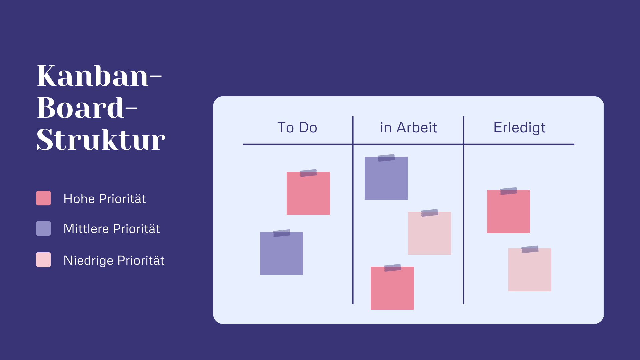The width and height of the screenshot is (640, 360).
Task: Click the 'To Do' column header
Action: coord(297,127)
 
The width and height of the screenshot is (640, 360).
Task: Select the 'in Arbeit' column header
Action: coord(408,127)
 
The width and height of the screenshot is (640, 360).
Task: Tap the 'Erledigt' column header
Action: coord(519,128)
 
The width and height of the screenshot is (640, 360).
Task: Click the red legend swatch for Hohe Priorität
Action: coord(43,198)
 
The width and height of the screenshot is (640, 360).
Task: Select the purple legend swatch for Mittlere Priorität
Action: coord(43,228)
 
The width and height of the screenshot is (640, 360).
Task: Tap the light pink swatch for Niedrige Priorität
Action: coord(43,260)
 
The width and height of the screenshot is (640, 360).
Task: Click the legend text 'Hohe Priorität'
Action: coord(105,199)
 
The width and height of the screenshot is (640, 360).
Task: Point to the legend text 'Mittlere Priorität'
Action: coord(112,229)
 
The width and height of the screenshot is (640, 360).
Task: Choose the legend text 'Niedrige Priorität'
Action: coord(114,260)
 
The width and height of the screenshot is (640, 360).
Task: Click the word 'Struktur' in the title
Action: coord(101,140)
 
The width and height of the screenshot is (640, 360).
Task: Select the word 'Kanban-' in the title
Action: coord(99,76)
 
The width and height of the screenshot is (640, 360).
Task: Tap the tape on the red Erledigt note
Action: coord(509,191)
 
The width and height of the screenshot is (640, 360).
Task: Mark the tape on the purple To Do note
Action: coord(282,233)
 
